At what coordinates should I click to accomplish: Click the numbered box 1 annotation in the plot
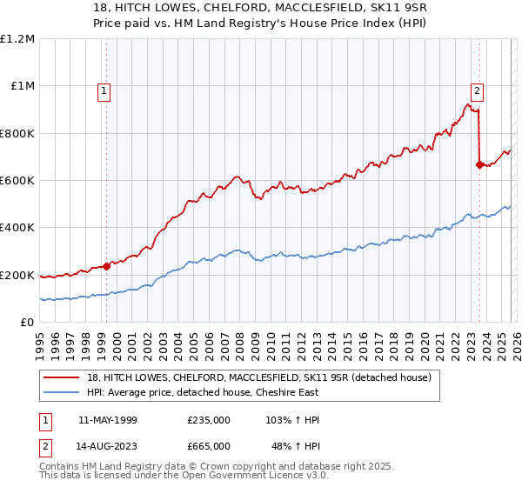pos(104,90)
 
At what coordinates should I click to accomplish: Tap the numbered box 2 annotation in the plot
pos(478,90)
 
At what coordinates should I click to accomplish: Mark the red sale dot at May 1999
pos(106,266)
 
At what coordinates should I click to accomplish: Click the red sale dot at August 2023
pos(479,164)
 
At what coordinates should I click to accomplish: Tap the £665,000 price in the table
pos(208,445)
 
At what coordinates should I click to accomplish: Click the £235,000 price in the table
pos(208,420)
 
